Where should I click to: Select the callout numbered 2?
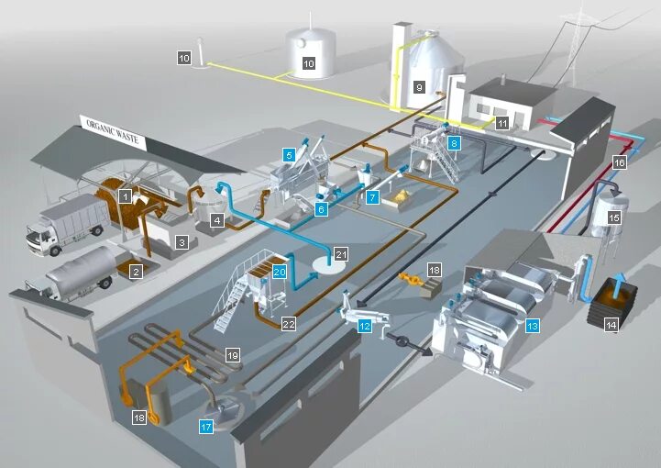135,272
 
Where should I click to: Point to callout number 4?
217,220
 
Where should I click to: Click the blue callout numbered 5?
289,156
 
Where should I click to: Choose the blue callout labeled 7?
371,196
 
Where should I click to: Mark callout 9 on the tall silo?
419,87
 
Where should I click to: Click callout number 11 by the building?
501,122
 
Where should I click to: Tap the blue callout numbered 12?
365,325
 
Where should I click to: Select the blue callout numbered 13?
532,324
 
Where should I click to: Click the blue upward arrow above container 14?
616,279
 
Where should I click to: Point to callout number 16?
619,162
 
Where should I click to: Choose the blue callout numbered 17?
206,426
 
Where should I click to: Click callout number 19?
233,354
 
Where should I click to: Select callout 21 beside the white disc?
341,254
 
